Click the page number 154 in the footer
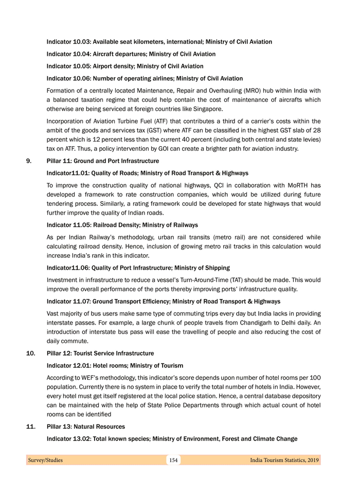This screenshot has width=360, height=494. [x=173, y=460]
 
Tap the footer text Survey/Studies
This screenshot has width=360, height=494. [x=45, y=460]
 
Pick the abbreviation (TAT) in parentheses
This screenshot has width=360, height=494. [x=224, y=280]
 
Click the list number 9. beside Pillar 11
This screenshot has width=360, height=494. [x=29, y=161]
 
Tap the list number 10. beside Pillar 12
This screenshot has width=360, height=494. [x=31, y=354]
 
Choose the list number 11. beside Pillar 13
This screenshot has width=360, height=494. [x=31, y=427]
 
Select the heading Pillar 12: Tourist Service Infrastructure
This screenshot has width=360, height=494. [x=100, y=354]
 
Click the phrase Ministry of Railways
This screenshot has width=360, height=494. [x=172, y=225]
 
